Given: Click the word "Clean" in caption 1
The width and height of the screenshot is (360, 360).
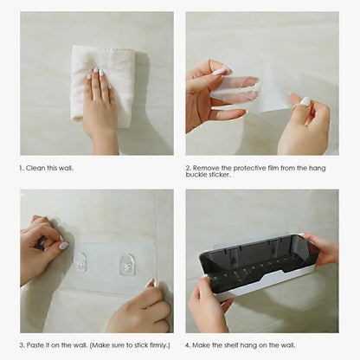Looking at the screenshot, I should (x=36, y=168).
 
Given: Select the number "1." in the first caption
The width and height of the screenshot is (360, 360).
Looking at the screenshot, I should (x=22, y=168).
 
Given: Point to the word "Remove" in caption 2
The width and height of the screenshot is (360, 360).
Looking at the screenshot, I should (x=206, y=168).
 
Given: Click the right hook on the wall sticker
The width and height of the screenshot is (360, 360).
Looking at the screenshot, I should (x=127, y=264).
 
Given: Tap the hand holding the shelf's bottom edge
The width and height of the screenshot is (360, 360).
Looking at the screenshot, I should (x=208, y=307).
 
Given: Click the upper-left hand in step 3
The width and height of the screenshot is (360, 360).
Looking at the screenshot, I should (x=42, y=247).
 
